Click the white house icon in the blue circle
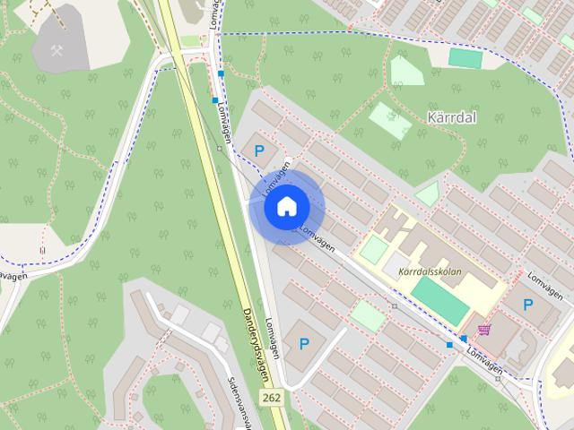pyautogui.click(x=285, y=207)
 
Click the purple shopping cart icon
pyautogui.click(x=484, y=330)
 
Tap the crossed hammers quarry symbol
pyautogui.click(x=57, y=49)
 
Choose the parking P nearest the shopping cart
pyautogui.click(x=527, y=305)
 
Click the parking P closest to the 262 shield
pyautogui.click(x=304, y=343)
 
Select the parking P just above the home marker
pyautogui.click(x=259, y=151)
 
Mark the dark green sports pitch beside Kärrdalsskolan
pyautogui.click(x=440, y=301)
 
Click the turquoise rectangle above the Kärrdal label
pyautogui.click(x=465, y=57)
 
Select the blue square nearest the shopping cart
pyautogui.click(x=463, y=339)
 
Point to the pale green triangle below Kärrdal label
pyautogui.click(x=428, y=194)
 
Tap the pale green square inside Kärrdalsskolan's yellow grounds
pyautogui.click(x=373, y=250)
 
